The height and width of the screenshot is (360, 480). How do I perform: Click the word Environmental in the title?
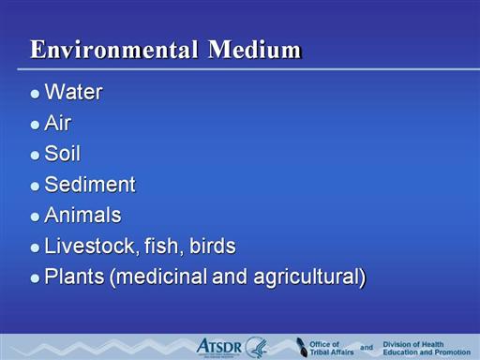click(x=114, y=50)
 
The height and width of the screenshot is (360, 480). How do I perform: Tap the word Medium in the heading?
click(x=255, y=50)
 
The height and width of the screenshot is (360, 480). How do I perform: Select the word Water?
click(x=73, y=92)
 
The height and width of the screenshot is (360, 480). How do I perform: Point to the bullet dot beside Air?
click(x=35, y=125)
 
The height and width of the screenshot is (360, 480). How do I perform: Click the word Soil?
click(x=63, y=153)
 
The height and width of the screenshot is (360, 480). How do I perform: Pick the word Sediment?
click(x=90, y=184)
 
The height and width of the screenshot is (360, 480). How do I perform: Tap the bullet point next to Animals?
click(x=35, y=217)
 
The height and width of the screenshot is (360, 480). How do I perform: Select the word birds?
click(x=213, y=246)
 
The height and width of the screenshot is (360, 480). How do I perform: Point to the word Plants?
click(x=74, y=277)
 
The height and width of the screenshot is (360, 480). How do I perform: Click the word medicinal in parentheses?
click(x=159, y=277)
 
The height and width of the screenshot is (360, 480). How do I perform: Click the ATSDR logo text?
click(x=219, y=347)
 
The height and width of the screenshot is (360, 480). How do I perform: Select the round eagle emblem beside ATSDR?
click(x=257, y=347)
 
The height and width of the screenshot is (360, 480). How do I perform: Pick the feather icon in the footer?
click(x=302, y=347)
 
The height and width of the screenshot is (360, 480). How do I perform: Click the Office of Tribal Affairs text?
click(x=332, y=348)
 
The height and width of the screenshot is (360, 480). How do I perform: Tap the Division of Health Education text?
click(x=427, y=348)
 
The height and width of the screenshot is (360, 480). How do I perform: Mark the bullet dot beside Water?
click(x=35, y=94)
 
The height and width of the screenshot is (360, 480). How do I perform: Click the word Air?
click(x=58, y=123)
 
